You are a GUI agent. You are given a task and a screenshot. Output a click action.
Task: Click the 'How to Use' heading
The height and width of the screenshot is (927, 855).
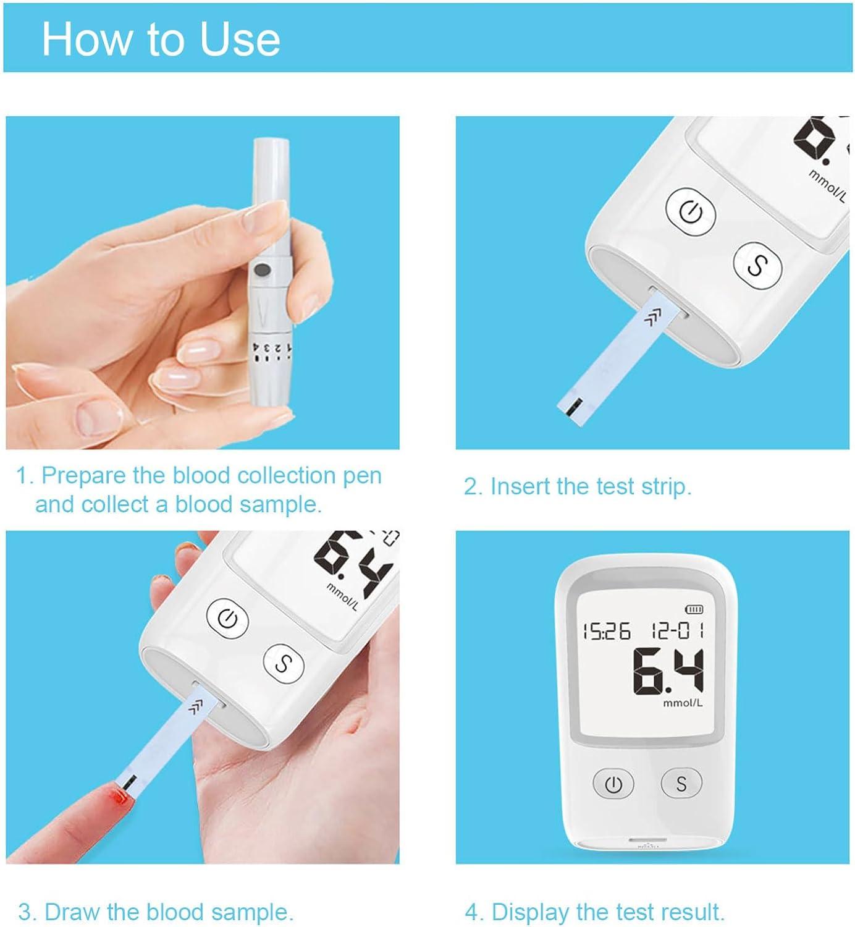point(161,39)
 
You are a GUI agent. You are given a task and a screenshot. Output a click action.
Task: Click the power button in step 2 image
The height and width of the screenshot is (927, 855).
point(691,213)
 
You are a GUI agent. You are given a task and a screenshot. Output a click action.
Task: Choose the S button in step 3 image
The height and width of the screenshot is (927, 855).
point(284,663)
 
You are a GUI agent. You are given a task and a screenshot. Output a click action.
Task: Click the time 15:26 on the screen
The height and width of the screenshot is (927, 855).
point(607,632)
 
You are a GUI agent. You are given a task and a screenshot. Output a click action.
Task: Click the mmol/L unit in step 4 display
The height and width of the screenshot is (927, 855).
point(683,703)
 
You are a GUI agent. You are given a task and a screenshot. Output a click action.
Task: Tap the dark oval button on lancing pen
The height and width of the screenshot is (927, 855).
point(262,269)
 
